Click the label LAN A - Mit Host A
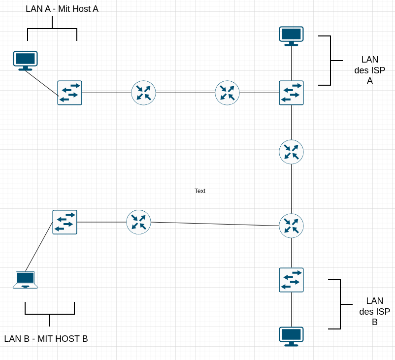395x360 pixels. point(62,9)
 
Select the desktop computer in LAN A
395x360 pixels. point(25,61)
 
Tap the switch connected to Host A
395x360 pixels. point(69,93)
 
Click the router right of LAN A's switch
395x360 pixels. point(143,93)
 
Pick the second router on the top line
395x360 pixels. point(227,93)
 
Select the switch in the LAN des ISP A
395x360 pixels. point(291,93)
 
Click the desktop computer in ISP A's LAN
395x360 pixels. point(291,36)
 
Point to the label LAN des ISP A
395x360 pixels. point(369,70)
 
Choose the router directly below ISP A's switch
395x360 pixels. point(291,152)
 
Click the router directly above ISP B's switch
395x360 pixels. point(291,226)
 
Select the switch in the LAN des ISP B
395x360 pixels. point(291,280)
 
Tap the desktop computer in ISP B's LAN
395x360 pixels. point(291,336)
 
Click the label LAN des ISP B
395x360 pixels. point(374,311)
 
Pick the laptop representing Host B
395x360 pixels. point(25,279)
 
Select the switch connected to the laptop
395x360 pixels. point(65,222)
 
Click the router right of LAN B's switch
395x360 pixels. point(138,222)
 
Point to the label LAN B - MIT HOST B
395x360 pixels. point(46,339)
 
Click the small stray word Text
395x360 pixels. point(200,191)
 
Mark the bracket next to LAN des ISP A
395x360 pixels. point(330,61)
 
